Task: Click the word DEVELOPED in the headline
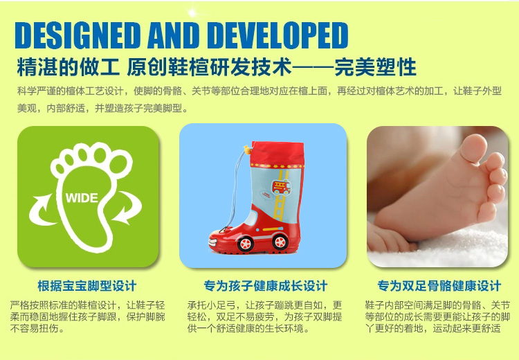(277, 35)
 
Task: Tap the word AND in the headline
(174, 35)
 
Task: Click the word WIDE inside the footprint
(82, 198)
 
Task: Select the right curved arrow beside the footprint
(127, 208)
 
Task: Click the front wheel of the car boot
(245, 244)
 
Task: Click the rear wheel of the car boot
(280, 242)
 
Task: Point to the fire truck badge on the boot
(281, 187)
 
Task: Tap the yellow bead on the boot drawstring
(247, 150)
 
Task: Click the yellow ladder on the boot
(280, 196)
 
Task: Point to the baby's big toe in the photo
(473, 147)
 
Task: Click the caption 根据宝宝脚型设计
(87, 286)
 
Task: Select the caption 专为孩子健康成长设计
(266, 286)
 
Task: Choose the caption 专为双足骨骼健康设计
(439, 286)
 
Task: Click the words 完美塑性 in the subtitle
(375, 67)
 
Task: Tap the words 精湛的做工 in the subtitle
(69, 67)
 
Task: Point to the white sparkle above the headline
(192, 12)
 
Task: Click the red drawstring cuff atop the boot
(277, 154)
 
